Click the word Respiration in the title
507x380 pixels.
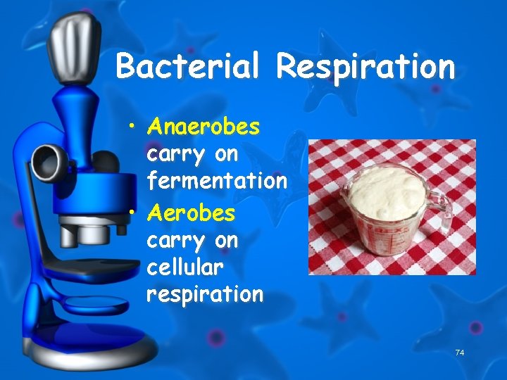coord(365,68)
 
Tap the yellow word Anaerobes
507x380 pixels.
coord(204,127)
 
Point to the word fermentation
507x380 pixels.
coord(216,181)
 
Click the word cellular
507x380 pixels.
coord(184,267)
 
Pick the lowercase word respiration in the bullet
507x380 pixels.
coord(204,293)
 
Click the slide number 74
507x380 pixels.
coord(460,352)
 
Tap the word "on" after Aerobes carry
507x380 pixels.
coord(226,241)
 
